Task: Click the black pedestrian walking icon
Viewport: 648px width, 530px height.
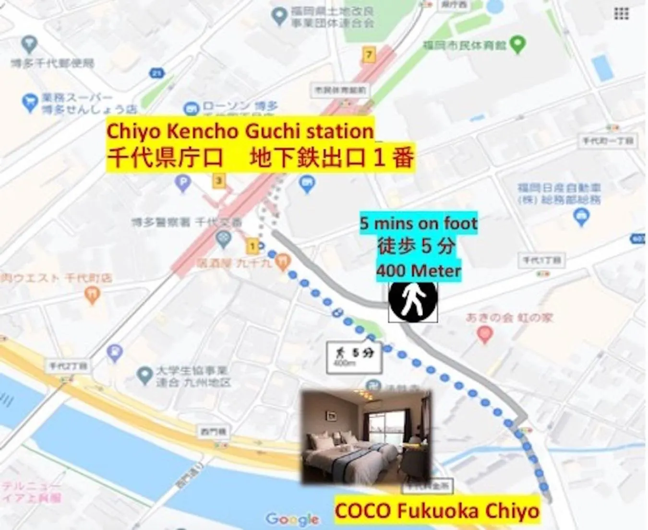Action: [413, 301]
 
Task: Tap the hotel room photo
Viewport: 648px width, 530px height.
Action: [366, 436]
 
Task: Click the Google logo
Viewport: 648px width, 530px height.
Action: [292, 519]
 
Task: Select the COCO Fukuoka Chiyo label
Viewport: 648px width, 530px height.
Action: [437, 510]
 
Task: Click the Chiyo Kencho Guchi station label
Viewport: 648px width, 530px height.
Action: [240, 131]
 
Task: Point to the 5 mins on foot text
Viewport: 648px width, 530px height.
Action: [419, 223]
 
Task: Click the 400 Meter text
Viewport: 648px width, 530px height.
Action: [419, 271]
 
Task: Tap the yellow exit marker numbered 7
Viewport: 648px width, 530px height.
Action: [369, 55]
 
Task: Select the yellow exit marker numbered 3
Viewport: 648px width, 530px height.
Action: [219, 181]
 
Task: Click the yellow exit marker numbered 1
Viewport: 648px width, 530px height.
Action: [252, 247]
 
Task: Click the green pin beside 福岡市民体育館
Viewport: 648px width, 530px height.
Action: [517, 45]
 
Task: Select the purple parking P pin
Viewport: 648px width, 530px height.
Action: [183, 183]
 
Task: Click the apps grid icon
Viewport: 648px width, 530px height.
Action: [621, 14]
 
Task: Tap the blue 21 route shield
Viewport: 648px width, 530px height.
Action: [156, 73]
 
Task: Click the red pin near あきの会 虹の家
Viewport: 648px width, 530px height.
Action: [485, 334]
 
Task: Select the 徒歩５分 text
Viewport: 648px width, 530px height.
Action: [417, 247]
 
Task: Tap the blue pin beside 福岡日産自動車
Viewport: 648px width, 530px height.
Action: [581, 217]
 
